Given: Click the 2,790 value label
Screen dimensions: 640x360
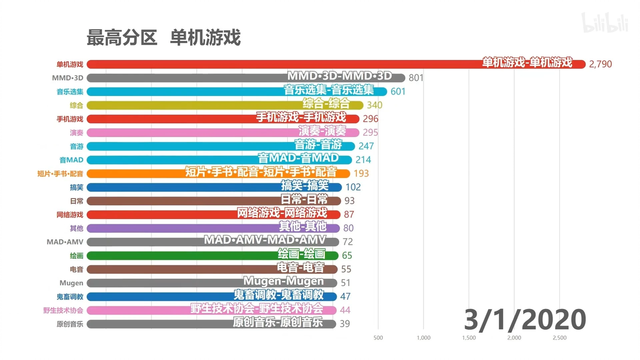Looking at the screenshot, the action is [600, 64].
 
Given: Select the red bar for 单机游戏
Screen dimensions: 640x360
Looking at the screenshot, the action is [336, 64].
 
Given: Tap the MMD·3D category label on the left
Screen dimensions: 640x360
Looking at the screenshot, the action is [67, 78].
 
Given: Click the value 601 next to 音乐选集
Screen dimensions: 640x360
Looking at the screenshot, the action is [398, 91].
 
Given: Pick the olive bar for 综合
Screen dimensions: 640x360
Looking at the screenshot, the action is [225, 105].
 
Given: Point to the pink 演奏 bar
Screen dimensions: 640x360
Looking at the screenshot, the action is [223, 133].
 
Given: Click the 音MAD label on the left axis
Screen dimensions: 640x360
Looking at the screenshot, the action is [71, 160].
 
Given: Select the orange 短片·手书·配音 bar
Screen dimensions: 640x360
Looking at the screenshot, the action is [219, 173].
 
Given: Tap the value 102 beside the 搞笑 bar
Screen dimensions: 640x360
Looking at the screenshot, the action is [353, 187].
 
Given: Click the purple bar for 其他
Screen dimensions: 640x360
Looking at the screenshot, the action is [213, 229].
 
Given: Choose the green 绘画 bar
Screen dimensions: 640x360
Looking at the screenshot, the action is [212, 255].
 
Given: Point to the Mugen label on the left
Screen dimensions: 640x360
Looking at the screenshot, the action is [71, 283].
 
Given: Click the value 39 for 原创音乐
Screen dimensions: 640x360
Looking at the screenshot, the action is [345, 324].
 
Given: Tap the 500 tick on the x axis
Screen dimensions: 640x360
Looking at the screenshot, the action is [378, 337].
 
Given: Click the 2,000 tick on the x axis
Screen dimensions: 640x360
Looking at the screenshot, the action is [514, 337].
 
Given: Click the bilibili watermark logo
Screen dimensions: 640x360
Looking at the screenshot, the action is [605, 23].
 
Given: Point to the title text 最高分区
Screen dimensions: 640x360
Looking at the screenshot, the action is [122, 38].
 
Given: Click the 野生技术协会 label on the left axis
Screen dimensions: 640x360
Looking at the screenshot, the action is [63, 310].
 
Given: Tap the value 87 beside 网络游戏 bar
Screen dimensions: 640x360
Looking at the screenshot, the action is [349, 215].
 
